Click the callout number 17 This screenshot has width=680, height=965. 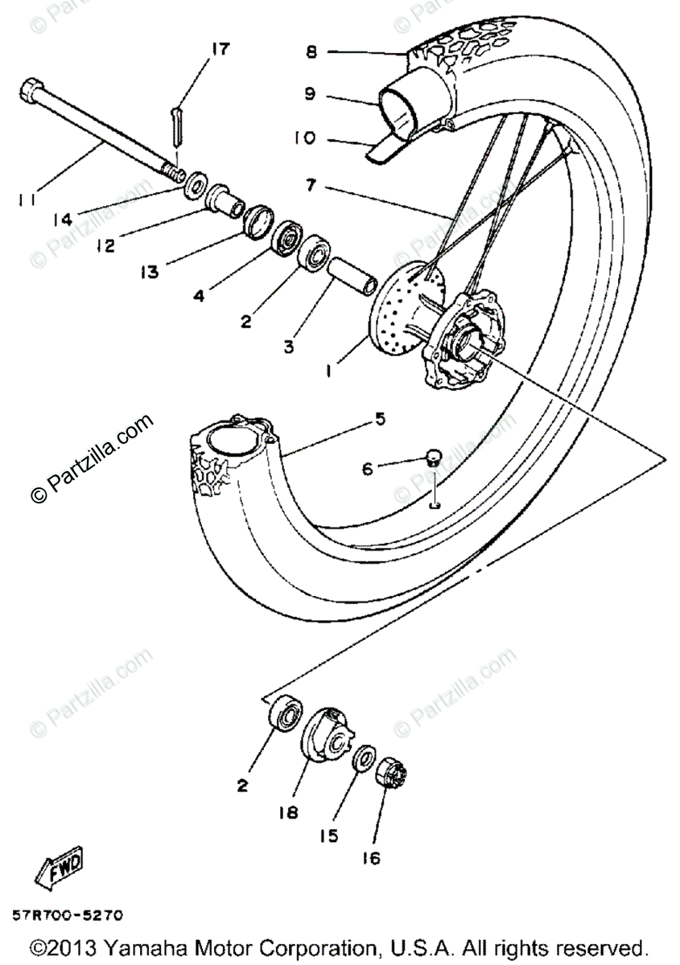(219, 50)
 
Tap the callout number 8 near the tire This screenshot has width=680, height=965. (311, 52)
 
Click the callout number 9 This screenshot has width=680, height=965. (310, 95)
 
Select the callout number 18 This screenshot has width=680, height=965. (287, 812)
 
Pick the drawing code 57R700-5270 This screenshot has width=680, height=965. (68, 914)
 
